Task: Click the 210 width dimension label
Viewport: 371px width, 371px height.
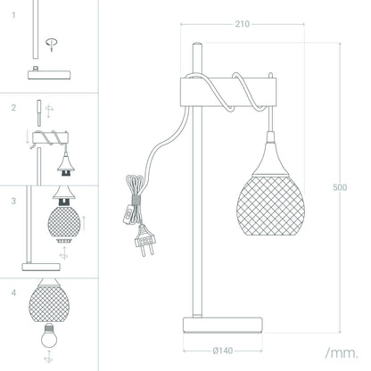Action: click(243, 24)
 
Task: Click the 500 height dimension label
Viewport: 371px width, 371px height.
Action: click(340, 187)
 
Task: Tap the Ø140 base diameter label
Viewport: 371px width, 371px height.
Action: click(223, 351)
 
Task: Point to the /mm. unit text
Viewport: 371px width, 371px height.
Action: click(342, 353)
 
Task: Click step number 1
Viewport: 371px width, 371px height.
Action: click(13, 15)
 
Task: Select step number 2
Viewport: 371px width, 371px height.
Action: click(13, 108)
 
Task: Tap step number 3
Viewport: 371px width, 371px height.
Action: click(13, 201)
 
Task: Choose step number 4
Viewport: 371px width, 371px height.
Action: click(13, 293)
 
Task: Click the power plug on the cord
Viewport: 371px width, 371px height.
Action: click(144, 240)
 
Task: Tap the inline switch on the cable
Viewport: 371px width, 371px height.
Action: click(128, 214)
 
